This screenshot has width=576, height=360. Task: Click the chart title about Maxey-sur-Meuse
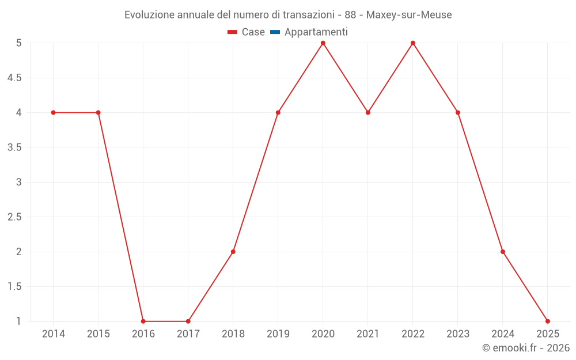(288, 14)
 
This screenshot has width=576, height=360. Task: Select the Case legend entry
(246, 32)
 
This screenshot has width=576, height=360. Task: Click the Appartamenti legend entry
(309, 32)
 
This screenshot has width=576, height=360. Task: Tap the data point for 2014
(54, 112)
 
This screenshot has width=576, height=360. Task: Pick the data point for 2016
(143, 321)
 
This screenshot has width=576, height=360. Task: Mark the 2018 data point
(233, 252)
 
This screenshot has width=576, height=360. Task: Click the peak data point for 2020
(323, 43)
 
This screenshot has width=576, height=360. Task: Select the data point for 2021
(368, 112)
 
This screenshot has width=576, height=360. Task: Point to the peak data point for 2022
(413, 43)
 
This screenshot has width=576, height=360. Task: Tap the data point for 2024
(503, 252)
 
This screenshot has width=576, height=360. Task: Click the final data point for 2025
(548, 321)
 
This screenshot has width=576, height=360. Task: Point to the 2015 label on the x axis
(98, 334)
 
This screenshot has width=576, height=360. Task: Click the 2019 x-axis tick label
(278, 334)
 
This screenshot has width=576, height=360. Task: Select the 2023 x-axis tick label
(458, 334)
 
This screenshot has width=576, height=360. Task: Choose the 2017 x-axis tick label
(188, 334)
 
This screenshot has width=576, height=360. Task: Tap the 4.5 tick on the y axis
(14, 78)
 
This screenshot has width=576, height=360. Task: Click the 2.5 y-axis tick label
(14, 217)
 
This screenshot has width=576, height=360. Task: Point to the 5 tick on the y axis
(19, 43)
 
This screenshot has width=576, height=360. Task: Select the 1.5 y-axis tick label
(14, 287)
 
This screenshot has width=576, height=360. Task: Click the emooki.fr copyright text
(526, 348)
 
